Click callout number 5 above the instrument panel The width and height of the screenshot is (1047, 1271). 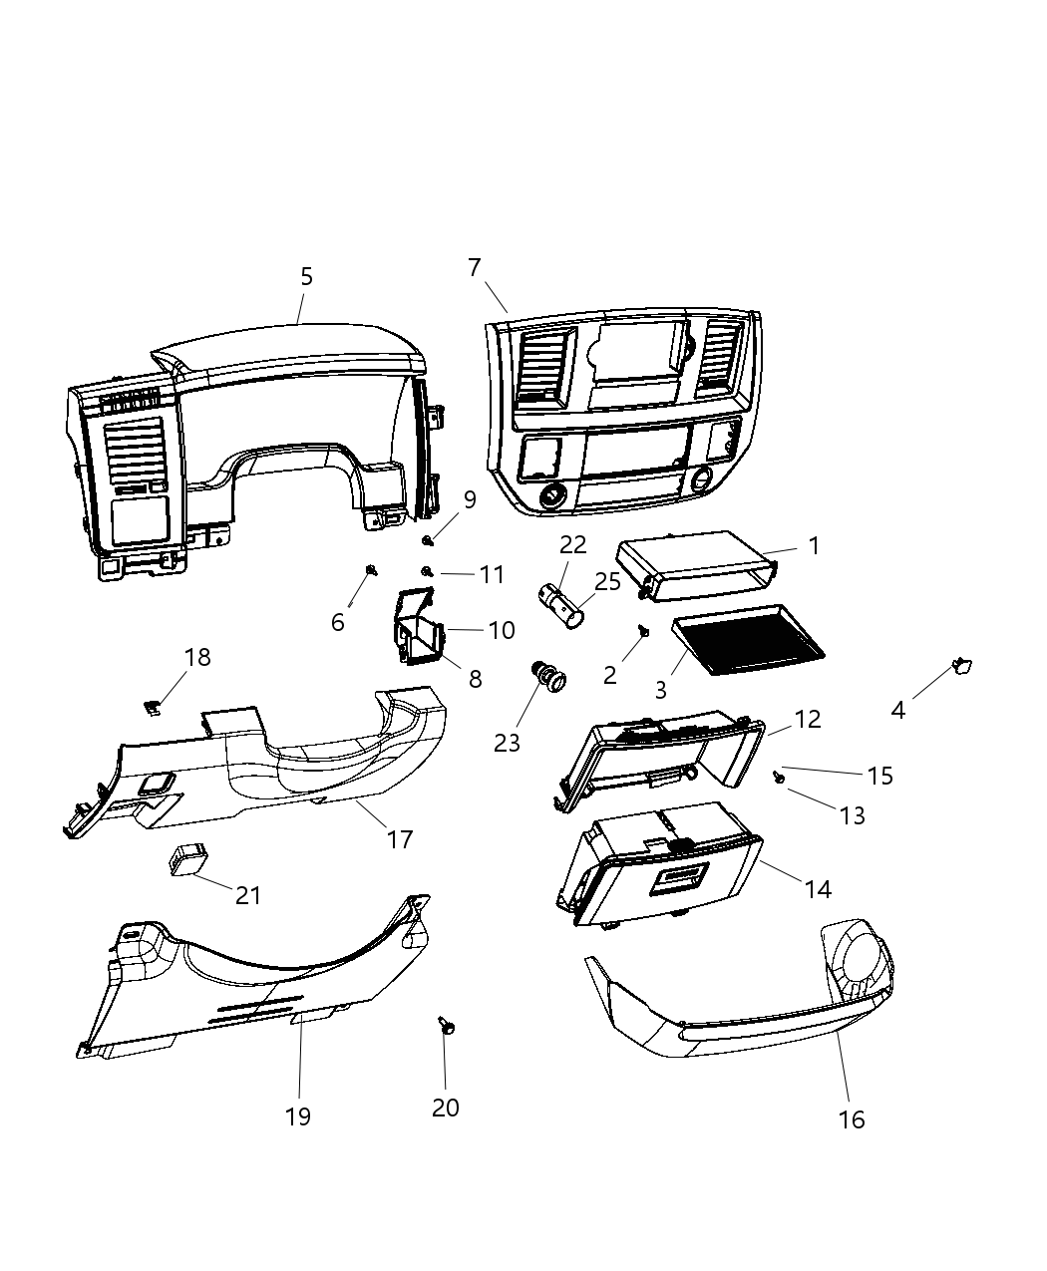point(306,276)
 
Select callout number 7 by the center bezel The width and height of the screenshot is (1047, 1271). point(475,267)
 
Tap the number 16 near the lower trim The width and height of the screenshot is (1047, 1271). point(852,1118)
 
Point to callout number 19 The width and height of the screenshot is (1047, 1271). point(298,1116)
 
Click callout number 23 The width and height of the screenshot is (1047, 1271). point(508,743)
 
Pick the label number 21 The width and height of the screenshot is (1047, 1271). point(248,895)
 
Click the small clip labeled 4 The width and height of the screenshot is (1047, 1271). point(963,666)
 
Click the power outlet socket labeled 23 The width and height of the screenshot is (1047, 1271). point(549,678)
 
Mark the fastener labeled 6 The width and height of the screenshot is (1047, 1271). point(372,570)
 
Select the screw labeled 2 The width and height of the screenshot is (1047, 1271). point(644,630)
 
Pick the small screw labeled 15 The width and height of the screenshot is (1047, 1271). point(778,774)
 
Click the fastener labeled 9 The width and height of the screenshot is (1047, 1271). point(428,540)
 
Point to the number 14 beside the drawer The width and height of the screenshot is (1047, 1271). point(818,888)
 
